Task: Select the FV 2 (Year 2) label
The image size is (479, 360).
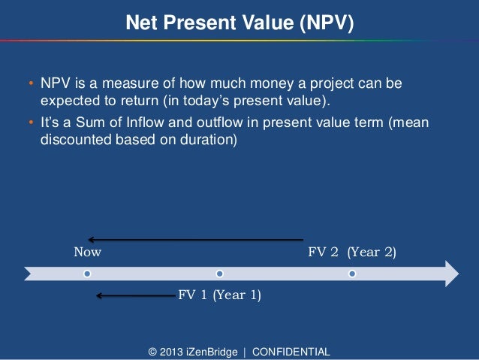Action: tap(352, 252)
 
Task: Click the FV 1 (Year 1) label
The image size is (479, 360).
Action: tap(219, 295)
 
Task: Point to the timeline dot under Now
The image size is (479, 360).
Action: tap(88, 273)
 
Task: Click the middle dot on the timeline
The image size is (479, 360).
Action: tap(219, 273)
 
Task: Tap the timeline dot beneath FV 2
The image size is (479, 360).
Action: tap(351, 273)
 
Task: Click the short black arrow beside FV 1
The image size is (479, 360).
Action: tap(135, 295)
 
